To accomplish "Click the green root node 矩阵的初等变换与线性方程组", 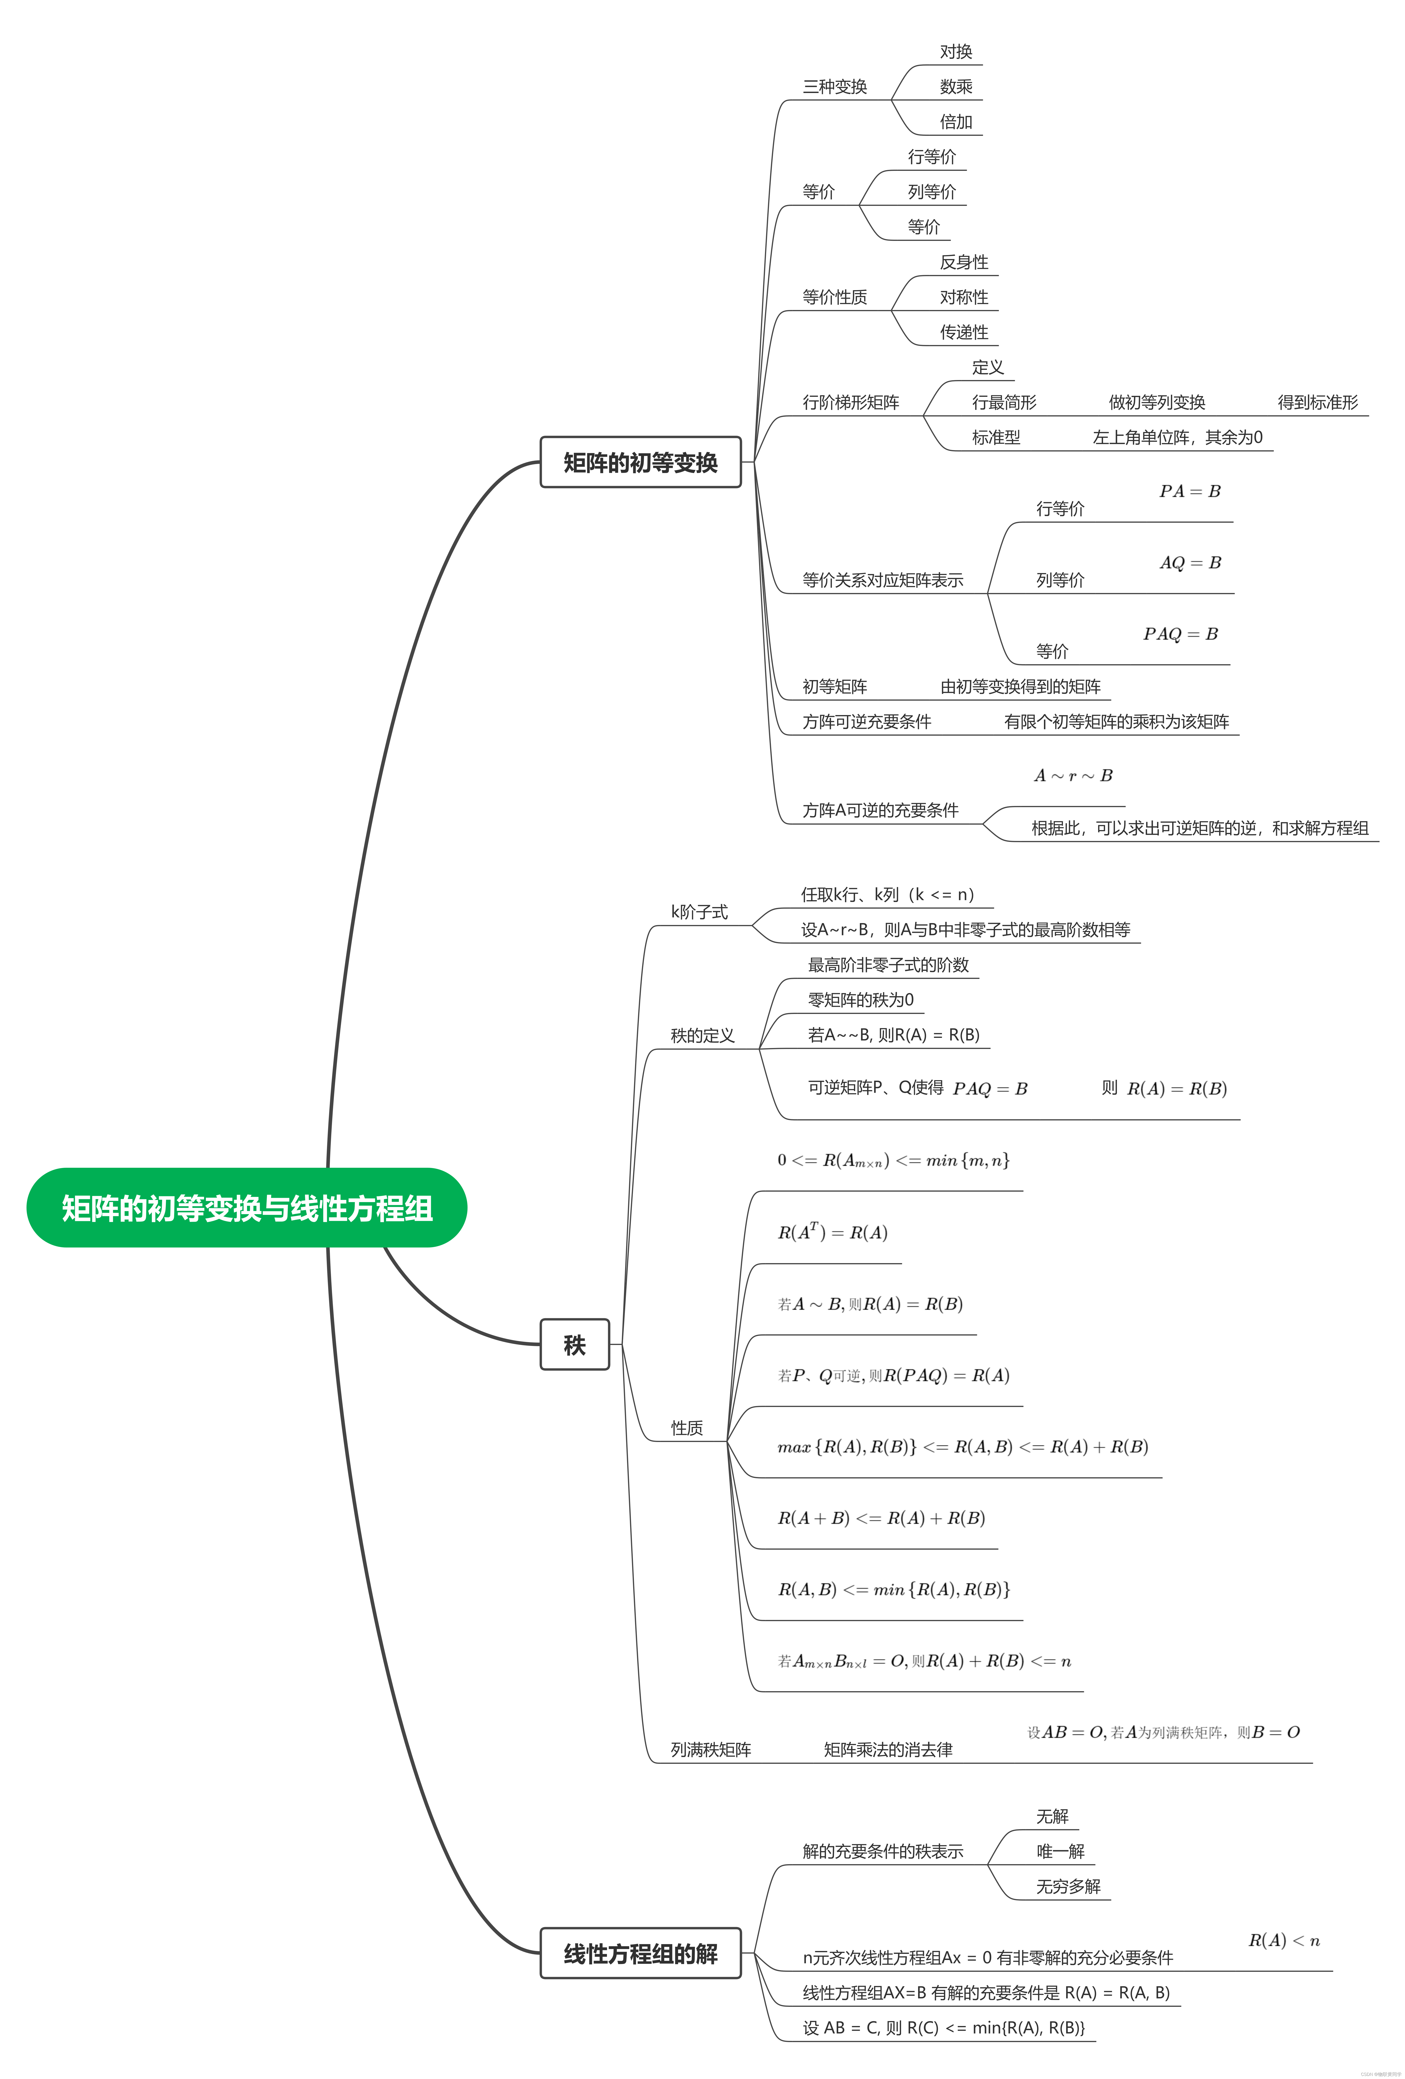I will [x=247, y=1208].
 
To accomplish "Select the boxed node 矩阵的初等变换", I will [x=640, y=463].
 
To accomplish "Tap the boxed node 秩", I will [x=574, y=1345].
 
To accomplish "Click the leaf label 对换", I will [x=955, y=52].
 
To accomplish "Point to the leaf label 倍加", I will [x=955, y=122].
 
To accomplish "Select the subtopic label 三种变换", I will [x=835, y=87].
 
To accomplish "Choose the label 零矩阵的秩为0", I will [x=860, y=999].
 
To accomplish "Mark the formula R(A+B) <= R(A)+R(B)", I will [x=881, y=1518].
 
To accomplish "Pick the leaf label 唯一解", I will [x=1060, y=1851].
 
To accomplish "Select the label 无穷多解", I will [x=1068, y=1886].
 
